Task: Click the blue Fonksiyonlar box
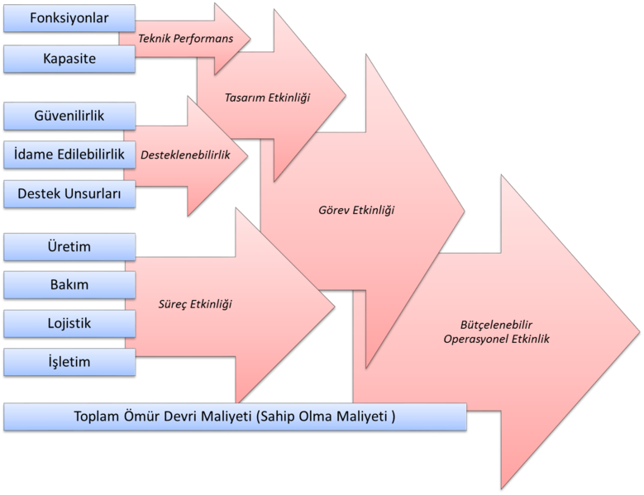click(x=69, y=17)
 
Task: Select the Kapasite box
click(x=69, y=59)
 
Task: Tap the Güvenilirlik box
click(x=69, y=116)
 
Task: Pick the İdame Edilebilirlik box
click(x=69, y=155)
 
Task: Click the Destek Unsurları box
click(x=69, y=194)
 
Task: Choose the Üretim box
click(x=69, y=247)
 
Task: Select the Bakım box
click(x=69, y=285)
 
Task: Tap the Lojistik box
click(x=69, y=323)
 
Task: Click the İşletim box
click(x=69, y=362)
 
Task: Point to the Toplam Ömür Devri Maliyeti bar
click(x=235, y=416)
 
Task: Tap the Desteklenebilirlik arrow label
click(x=184, y=155)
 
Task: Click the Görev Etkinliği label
click(x=356, y=210)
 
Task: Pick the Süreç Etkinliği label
click(x=195, y=304)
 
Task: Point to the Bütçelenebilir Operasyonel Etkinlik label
click(x=496, y=331)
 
